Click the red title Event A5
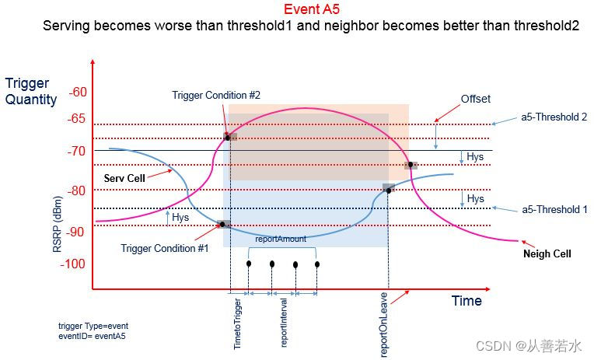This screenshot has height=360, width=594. click(311, 10)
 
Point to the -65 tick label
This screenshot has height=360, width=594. click(78, 119)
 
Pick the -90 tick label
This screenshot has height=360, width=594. click(78, 232)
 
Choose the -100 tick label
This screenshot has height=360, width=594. click(75, 264)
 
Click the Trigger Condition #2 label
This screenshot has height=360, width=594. click(216, 95)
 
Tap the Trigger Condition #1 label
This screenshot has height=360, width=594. click(165, 248)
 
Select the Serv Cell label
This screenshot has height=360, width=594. click(125, 178)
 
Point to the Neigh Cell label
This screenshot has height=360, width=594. click(547, 253)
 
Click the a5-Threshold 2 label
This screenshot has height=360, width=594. click(554, 117)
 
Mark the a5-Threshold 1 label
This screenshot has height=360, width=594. click(554, 210)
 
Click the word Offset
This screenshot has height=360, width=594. click(476, 99)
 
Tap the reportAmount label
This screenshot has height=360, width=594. click(281, 239)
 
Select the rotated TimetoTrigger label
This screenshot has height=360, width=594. click(238, 323)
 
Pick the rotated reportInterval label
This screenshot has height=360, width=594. click(285, 321)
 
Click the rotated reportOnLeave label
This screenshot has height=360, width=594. click(384, 330)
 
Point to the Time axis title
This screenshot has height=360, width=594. click(466, 301)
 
